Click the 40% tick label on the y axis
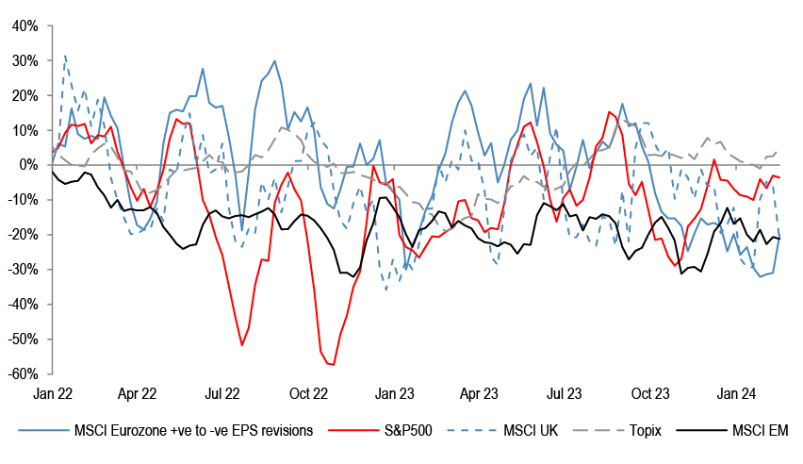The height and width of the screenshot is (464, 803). click(24, 25)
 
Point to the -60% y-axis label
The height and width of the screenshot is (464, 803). click(22, 374)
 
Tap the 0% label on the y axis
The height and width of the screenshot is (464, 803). click(27, 165)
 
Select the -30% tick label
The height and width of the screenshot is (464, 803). click(22, 270)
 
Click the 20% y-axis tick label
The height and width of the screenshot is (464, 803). click(24, 95)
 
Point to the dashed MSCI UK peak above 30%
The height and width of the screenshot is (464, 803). click(64, 56)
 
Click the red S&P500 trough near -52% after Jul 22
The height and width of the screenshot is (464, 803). click(242, 345)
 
